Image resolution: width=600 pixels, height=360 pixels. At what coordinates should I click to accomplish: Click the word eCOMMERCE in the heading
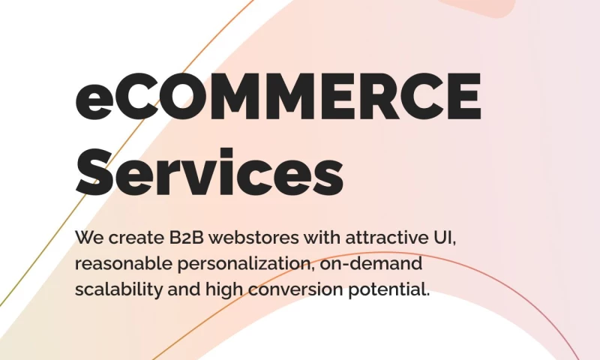point(278,97)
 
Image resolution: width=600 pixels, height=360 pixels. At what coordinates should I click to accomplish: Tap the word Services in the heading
point(209,172)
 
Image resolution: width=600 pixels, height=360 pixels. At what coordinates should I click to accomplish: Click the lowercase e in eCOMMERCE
point(94,102)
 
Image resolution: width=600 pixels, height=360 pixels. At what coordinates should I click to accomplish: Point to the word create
point(136,238)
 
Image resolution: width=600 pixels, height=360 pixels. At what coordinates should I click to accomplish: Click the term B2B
point(186,238)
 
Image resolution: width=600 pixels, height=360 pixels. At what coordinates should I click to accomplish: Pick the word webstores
point(253,238)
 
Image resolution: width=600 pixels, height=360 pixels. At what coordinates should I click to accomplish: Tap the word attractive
point(387,238)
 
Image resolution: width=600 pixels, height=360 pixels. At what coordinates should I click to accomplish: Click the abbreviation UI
point(443,238)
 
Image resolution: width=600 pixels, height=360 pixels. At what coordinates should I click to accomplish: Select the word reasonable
point(124,263)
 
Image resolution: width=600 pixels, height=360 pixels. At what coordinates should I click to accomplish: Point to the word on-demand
point(370,263)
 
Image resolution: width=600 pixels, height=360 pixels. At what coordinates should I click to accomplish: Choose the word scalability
point(118,290)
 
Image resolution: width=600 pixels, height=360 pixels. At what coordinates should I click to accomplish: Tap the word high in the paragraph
point(224,290)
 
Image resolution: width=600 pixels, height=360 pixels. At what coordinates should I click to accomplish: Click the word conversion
point(295,289)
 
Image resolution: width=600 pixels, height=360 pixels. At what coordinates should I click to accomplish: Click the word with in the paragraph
point(322,238)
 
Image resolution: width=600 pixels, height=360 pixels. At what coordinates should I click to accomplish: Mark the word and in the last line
point(184,289)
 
